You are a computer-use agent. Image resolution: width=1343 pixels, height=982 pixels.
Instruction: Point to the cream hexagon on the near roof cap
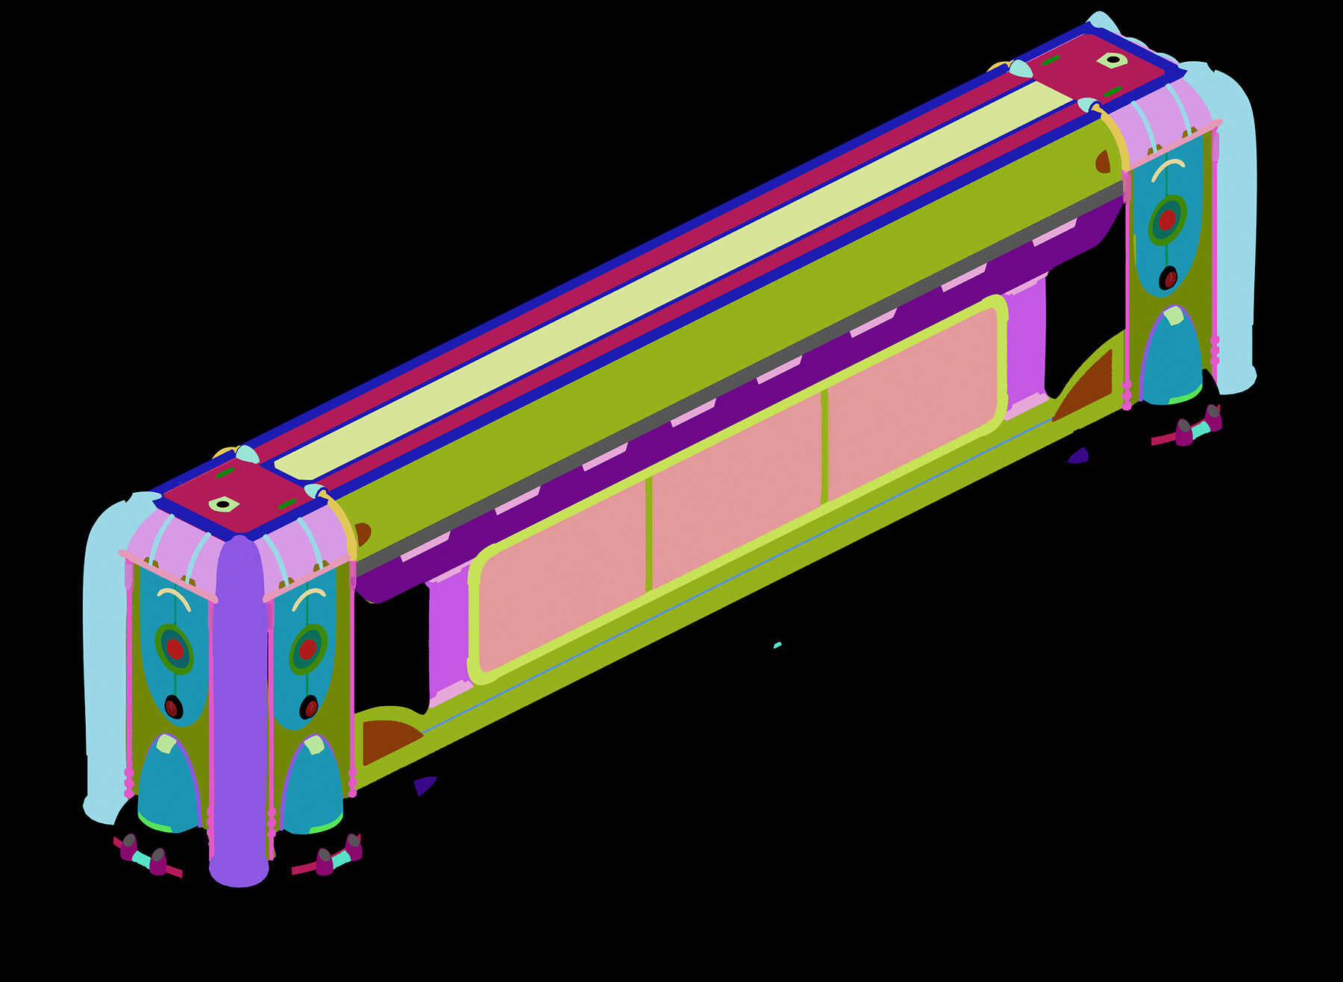click(x=223, y=505)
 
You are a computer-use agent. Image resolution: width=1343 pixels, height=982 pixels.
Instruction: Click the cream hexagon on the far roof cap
click(x=1112, y=60)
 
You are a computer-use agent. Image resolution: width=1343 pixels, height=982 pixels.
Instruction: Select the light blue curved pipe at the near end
click(x=104, y=656)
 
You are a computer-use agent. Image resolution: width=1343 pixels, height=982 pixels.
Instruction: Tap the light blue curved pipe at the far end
click(x=1235, y=224)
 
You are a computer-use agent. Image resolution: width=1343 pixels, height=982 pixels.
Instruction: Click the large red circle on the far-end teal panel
click(x=1167, y=220)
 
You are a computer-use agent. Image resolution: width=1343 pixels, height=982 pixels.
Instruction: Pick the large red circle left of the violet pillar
click(x=175, y=649)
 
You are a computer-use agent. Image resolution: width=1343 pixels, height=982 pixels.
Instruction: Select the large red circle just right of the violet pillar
click(x=307, y=649)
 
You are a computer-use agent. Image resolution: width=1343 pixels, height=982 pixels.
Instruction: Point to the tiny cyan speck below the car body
click(x=777, y=645)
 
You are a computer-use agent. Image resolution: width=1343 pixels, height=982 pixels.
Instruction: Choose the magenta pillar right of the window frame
click(x=1026, y=350)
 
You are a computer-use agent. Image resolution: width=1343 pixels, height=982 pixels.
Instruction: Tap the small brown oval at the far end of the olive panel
click(x=1103, y=161)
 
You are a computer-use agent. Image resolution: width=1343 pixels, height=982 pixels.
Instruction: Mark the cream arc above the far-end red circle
click(x=1168, y=169)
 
